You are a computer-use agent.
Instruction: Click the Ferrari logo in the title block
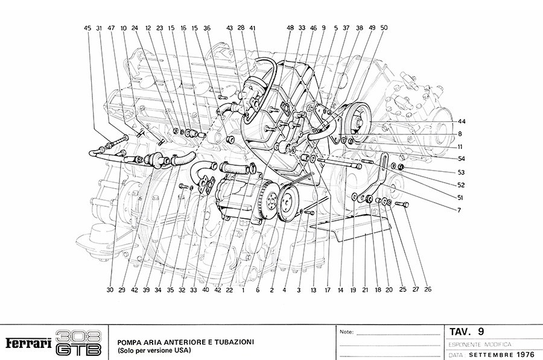tap(28, 343)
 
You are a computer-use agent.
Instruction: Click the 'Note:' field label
tap(347, 332)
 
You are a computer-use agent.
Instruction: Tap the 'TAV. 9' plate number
tap(466, 331)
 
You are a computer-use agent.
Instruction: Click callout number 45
tap(87, 28)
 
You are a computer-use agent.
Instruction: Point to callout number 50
tap(384, 28)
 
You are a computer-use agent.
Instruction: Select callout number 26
tap(428, 289)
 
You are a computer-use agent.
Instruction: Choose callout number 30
tap(110, 289)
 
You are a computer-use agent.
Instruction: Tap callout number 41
tap(253, 28)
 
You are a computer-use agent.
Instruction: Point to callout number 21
tap(364, 289)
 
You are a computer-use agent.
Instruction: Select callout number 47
tap(111, 28)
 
